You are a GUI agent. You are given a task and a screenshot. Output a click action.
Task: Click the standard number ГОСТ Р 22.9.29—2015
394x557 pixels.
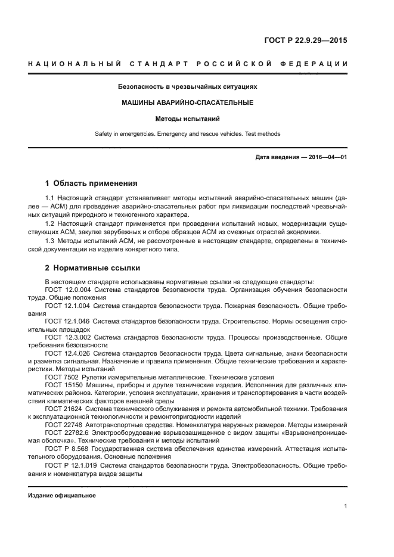(x=305, y=41)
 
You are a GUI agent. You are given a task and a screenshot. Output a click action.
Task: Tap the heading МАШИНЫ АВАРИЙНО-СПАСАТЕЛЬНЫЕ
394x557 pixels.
(x=188, y=102)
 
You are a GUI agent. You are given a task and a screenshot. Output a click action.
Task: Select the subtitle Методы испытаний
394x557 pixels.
(x=188, y=119)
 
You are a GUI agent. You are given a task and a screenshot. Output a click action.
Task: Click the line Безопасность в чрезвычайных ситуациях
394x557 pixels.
(x=188, y=86)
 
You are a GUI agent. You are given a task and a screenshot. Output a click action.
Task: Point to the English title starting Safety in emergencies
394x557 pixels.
(x=188, y=134)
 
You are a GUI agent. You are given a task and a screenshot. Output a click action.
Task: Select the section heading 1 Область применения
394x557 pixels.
(x=91, y=183)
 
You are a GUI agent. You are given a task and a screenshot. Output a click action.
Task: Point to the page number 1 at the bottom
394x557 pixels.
(x=345, y=506)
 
